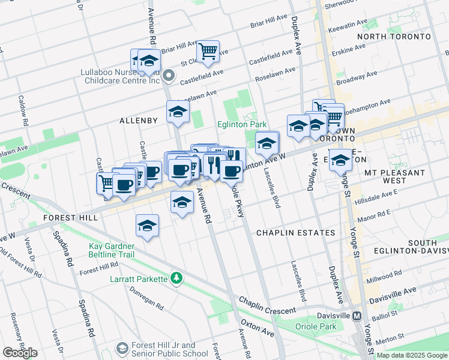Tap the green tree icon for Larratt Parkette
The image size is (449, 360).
(x=176, y=278)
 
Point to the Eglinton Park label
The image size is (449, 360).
(x=241, y=124)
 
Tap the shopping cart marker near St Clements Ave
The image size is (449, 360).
(x=208, y=52)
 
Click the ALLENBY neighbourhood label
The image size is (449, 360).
(x=139, y=121)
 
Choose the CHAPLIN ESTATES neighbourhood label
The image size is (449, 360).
(x=295, y=232)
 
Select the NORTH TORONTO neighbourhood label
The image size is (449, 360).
(x=394, y=37)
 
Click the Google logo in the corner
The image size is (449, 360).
(x=20, y=352)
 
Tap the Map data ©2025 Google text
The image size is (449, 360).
(x=412, y=355)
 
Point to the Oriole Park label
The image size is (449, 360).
(x=316, y=326)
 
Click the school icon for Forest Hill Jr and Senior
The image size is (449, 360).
(x=122, y=349)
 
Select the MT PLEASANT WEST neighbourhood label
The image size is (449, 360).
(x=394, y=176)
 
